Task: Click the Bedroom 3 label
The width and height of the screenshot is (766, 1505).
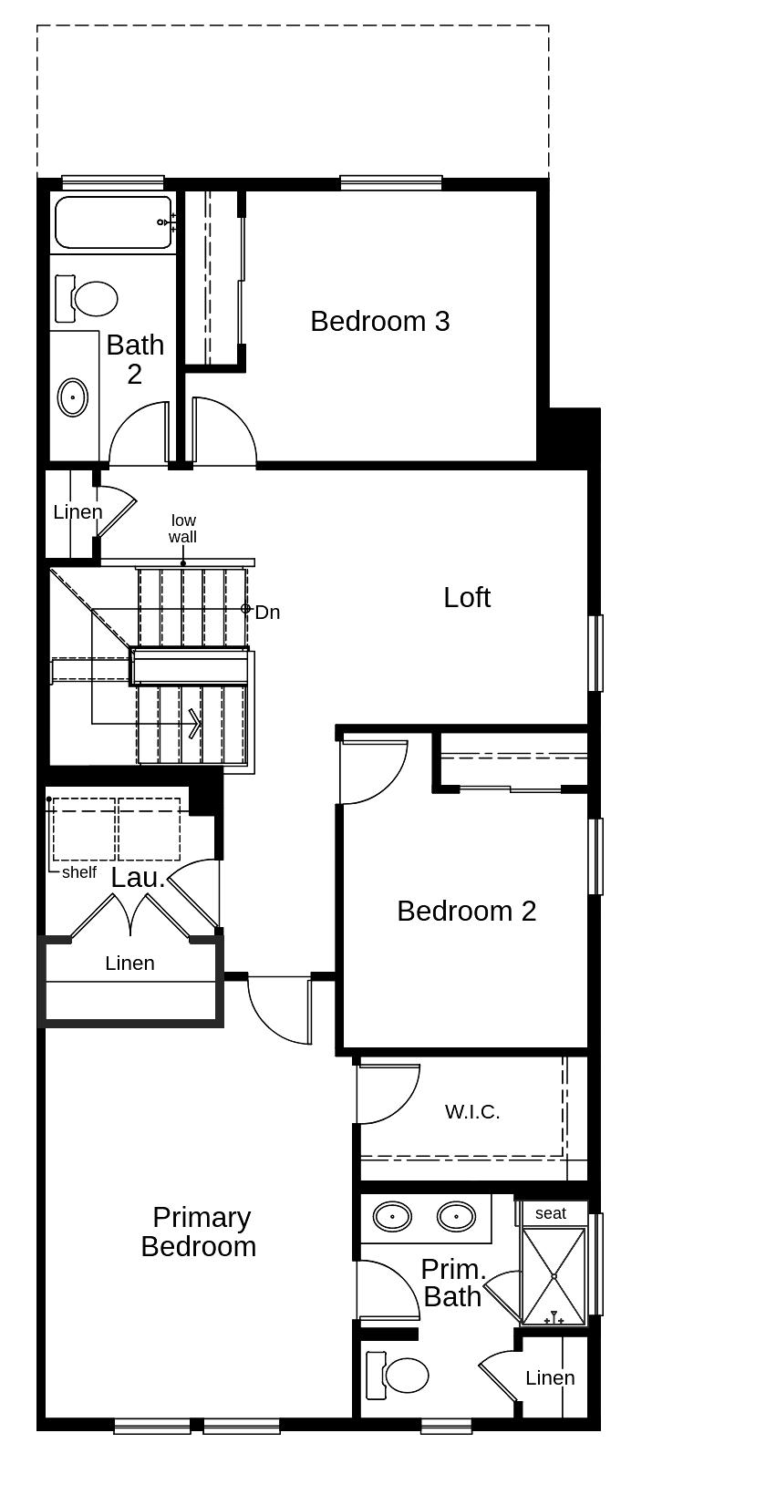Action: coord(379,321)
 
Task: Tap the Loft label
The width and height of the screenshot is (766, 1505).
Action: coord(467,597)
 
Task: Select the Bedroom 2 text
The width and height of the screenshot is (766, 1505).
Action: coord(466,911)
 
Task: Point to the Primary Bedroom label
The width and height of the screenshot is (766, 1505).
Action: coord(200,1232)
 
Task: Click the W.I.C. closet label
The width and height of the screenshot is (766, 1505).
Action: coord(472,1112)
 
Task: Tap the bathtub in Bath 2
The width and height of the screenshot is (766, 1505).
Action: coord(113,222)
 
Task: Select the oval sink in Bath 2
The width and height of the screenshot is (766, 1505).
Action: coord(73,397)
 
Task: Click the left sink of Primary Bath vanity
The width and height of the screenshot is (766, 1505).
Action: coord(392,1217)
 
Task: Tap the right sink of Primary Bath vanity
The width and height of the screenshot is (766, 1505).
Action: coord(456,1217)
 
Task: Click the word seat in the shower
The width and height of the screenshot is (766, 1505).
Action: coord(550,1213)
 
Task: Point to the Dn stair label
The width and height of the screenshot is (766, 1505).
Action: coord(267,612)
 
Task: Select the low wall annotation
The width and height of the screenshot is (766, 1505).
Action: coord(182,529)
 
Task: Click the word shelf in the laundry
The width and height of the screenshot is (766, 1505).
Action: coord(79,872)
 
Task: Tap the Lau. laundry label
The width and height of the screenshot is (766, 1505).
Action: coord(138,878)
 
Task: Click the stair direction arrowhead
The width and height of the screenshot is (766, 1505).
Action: coord(195,724)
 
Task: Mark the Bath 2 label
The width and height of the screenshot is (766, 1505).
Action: coord(135,359)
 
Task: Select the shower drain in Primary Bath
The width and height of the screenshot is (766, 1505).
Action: coord(554,1276)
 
